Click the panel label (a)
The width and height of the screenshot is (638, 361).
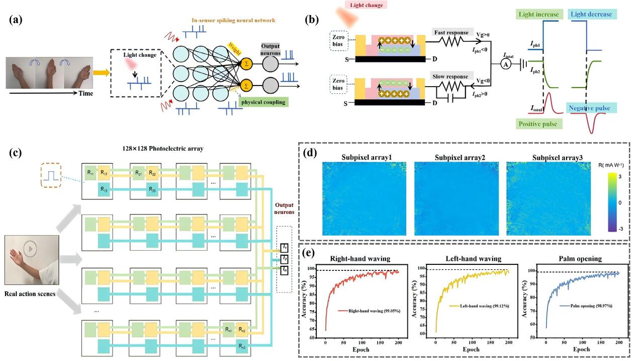coord(15,21)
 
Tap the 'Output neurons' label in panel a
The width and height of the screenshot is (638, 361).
coord(270,49)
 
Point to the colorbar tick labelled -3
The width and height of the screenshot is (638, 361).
coord(620,229)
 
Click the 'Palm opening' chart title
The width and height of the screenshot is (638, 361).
coord(578,259)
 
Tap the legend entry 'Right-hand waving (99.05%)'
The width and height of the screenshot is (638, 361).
coord(372,312)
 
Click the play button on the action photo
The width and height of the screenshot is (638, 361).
coord(31,248)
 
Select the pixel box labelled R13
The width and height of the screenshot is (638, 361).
coord(105,190)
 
